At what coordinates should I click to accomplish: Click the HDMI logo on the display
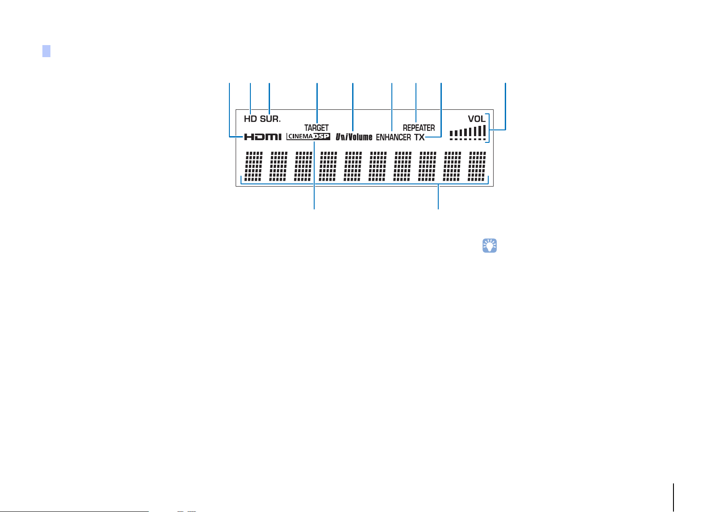(262, 137)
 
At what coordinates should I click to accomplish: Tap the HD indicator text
(250, 119)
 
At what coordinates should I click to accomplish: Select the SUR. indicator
(270, 119)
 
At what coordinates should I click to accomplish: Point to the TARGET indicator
(316, 128)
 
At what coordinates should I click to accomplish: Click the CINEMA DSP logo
(308, 137)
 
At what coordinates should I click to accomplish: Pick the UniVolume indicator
(354, 137)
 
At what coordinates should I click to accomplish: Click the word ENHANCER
(393, 137)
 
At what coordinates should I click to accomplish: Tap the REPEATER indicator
(419, 128)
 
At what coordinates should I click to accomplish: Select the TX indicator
(419, 137)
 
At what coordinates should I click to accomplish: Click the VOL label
(476, 119)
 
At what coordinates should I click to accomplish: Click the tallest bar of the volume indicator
(484, 130)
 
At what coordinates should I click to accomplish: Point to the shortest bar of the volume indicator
(451, 133)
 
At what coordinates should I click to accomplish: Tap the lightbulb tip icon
(489, 246)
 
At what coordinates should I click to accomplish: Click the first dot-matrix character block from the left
(253, 166)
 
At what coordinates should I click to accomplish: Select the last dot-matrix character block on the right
(477, 166)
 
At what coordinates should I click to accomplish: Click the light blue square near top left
(46, 51)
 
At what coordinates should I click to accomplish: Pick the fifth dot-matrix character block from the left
(353, 166)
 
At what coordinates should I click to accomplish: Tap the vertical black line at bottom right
(673, 497)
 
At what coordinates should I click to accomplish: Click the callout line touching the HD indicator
(250, 98)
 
